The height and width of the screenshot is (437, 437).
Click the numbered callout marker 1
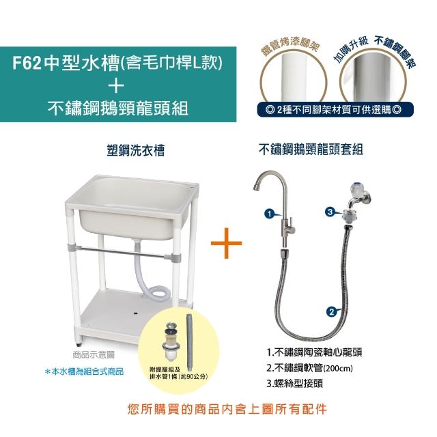[269, 214]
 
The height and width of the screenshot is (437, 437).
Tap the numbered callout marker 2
[331, 311]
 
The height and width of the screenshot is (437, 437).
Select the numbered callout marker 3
[330, 212]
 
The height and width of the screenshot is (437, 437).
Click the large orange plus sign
[226, 243]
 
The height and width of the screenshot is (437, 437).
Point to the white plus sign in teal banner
[117, 85]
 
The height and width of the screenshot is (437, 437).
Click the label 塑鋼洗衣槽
[136, 150]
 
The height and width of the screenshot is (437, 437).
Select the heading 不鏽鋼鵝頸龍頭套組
[311, 149]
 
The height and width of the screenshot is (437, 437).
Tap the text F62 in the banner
[27, 64]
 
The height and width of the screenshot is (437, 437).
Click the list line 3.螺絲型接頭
[294, 384]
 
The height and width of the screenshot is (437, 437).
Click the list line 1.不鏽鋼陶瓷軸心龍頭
[314, 352]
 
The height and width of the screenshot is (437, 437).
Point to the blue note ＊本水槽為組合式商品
[84, 371]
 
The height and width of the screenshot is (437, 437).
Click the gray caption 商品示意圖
[94, 355]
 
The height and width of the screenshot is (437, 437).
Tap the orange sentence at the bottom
[227, 409]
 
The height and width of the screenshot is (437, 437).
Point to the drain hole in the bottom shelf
[136, 313]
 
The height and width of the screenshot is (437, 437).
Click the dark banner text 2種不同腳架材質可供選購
[334, 110]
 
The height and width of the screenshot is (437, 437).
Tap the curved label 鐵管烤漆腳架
[291, 46]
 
